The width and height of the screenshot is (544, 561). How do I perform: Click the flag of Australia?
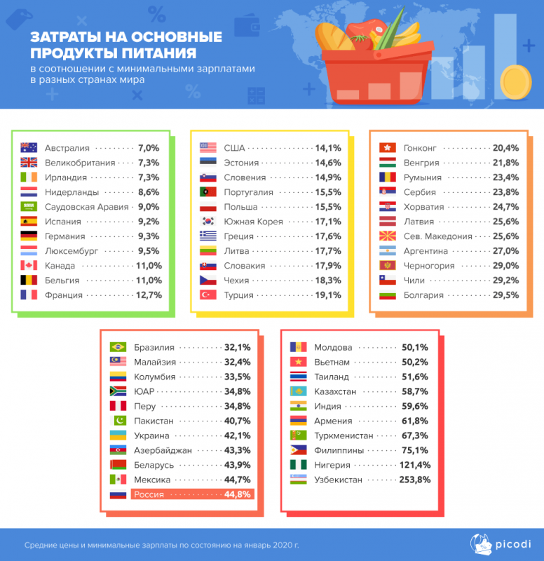(29, 148)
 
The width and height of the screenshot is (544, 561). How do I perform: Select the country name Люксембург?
(72, 251)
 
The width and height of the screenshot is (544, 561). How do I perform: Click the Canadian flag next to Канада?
(29, 266)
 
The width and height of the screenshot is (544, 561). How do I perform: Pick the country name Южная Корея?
(253, 222)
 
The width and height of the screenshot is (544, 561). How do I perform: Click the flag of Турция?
(208, 295)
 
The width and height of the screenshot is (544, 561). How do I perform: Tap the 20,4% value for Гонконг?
(506, 148)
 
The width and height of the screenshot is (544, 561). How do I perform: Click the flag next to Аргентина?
(387, 251)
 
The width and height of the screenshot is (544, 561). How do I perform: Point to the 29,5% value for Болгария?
(506, 295)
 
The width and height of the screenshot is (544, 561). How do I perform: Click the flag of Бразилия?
(118, 347)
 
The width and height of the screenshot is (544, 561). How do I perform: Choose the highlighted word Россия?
(149, 494)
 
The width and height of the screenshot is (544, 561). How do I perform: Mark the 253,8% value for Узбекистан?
(414, 480)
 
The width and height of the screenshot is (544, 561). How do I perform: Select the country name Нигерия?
(332, 465)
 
